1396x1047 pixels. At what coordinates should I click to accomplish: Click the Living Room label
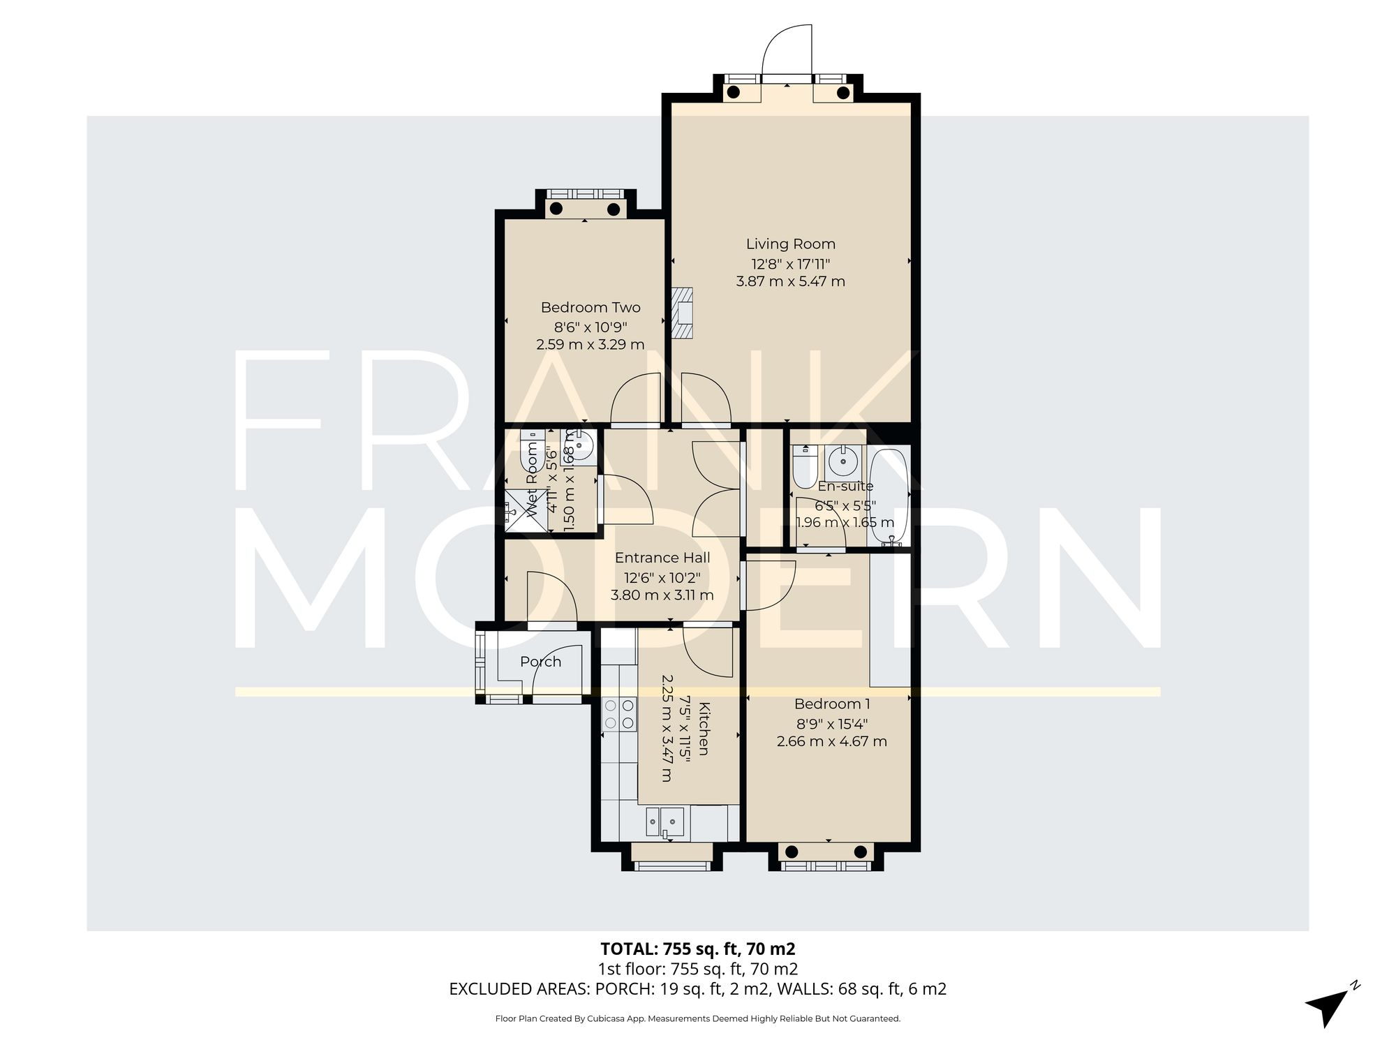pyautogui.click(x=790, y=244)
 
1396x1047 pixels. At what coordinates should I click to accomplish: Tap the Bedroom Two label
pyautogui.click(x=591, y=308)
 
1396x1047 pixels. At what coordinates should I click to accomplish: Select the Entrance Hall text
pyautogui.click(x=662, y=558)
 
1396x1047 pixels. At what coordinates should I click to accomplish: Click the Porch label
pyautogui.click(x=540, y=662)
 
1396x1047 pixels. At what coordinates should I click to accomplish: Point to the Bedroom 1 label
pyautogui.click(x=832, y=704)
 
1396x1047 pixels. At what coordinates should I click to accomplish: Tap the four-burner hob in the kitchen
pyautogui.click(x=619, y=714)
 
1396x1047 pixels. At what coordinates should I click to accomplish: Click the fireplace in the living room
pyautogui.click(x=683, y=313)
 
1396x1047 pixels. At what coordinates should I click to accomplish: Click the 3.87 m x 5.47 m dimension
pyautogui.click(x=790, y=282)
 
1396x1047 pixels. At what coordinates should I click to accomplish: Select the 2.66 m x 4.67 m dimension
pyautogui.click(x=832, y=741)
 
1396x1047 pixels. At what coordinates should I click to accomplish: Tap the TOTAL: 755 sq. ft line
pyautogui.click(x=697, y=949)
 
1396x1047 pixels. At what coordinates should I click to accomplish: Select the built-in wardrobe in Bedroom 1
pyautogui.click(x=890, y=621)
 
